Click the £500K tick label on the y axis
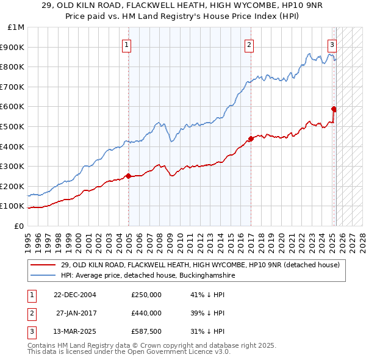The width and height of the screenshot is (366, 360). click(x=12, y=126)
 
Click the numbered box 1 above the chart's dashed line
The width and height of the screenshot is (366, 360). click(x=126, y=44)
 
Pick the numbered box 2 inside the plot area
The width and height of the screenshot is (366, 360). click(x=249, y=44)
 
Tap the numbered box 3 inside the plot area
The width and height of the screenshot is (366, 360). click(x=332, y=44)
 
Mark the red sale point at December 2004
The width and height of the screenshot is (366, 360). click(x=128, y=176)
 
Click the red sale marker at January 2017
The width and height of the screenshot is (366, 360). click(x=251, y=139)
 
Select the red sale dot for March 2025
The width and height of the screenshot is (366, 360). click(x=334, y=109)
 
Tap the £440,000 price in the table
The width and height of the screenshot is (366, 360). click(x=146, y=313)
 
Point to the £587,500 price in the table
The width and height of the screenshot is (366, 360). click(x=146, y=332)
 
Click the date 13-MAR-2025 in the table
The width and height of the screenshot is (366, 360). click(x=74, y=332)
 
